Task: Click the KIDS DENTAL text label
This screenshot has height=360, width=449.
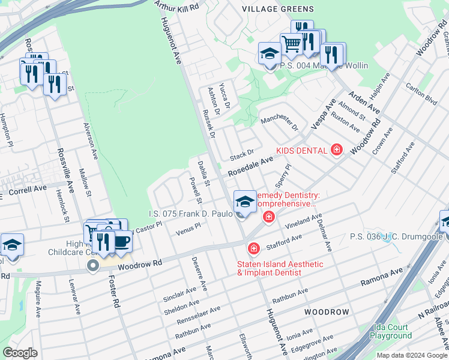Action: tap(302, 150)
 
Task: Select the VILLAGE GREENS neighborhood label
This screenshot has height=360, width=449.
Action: tap(277, 9)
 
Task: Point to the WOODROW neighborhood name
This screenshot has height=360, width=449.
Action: tap(326, 313)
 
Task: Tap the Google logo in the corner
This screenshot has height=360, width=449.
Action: tap(20, 353)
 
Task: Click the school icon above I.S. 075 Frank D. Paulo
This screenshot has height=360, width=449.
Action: tap(244, 202)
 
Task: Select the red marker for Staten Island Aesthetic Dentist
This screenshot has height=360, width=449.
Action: tap(254, 248)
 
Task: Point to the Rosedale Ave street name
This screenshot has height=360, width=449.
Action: tap(249, 166)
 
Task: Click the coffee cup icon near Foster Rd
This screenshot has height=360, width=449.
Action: tap(122, 241)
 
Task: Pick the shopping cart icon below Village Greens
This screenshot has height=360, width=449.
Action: tap(291, 44)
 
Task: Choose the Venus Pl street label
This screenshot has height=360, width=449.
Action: tap(188, 229)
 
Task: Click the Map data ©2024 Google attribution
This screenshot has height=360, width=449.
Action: tap(411, 355)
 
